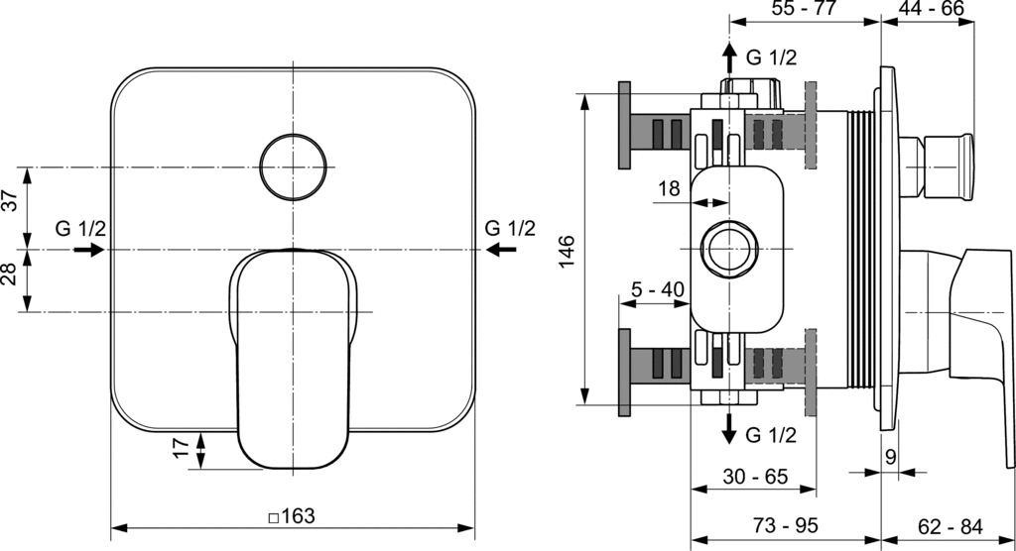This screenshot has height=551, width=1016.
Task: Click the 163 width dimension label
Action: click(292, 516)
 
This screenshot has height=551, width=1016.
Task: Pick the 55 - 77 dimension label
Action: click(804, 10)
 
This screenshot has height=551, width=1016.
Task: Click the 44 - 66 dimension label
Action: click(932, 10)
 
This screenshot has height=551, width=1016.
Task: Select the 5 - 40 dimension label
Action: click(658, 290)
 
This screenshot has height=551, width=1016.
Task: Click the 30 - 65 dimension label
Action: click(754, 477)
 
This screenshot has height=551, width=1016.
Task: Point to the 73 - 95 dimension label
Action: click(784, 524)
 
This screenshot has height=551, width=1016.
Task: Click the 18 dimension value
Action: click(669, 189)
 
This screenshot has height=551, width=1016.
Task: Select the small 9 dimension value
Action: click(890, 458)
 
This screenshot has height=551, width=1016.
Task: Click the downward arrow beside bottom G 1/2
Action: click(729, 428)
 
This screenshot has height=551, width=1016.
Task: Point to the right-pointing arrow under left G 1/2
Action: click(90, 250)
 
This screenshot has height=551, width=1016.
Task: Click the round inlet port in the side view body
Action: click(729, 247)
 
